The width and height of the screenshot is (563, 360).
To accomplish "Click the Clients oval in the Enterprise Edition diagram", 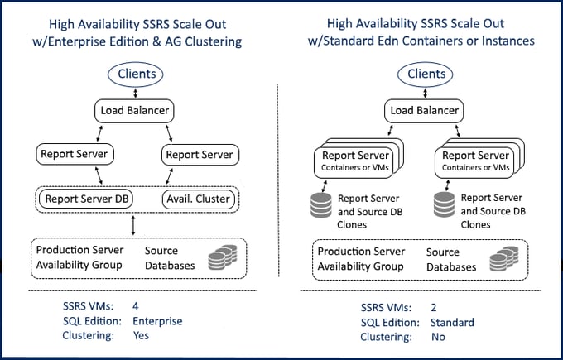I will (x=136, y=75).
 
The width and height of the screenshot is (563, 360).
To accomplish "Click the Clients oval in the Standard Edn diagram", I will (x=427, y=75).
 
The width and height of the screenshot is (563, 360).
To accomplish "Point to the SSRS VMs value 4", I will (x=136, y=305).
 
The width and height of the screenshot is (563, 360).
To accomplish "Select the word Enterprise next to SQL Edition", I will (x=157, y=321).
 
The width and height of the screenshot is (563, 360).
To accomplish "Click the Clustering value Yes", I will (x=141, y=336).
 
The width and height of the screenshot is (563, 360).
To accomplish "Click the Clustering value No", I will (x=436, y=337).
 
